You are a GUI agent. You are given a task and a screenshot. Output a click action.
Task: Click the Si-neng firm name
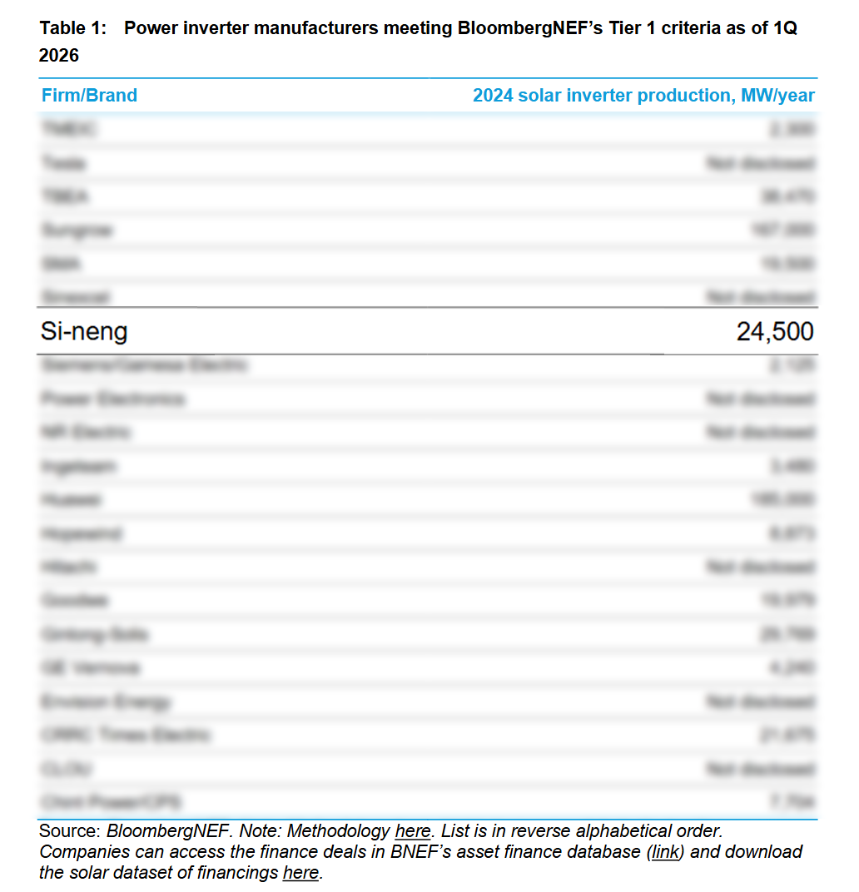point(84,332)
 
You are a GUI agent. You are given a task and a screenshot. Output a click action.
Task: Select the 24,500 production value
point(775,332)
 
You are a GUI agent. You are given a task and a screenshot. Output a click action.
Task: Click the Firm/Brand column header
point(89,96)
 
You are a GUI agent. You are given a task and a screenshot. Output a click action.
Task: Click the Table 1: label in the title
point(73,28)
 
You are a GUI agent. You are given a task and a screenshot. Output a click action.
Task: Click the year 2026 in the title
point(59,56)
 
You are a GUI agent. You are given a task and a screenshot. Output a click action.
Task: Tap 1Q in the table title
point(785,28)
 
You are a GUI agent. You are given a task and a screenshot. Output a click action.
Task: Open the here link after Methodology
point(413,831)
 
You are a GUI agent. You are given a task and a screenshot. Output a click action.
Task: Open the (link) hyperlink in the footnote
point(664,852)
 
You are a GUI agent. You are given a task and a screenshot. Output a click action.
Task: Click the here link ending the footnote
point(301,873)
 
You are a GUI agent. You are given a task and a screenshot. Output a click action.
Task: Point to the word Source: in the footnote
point(70,831)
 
